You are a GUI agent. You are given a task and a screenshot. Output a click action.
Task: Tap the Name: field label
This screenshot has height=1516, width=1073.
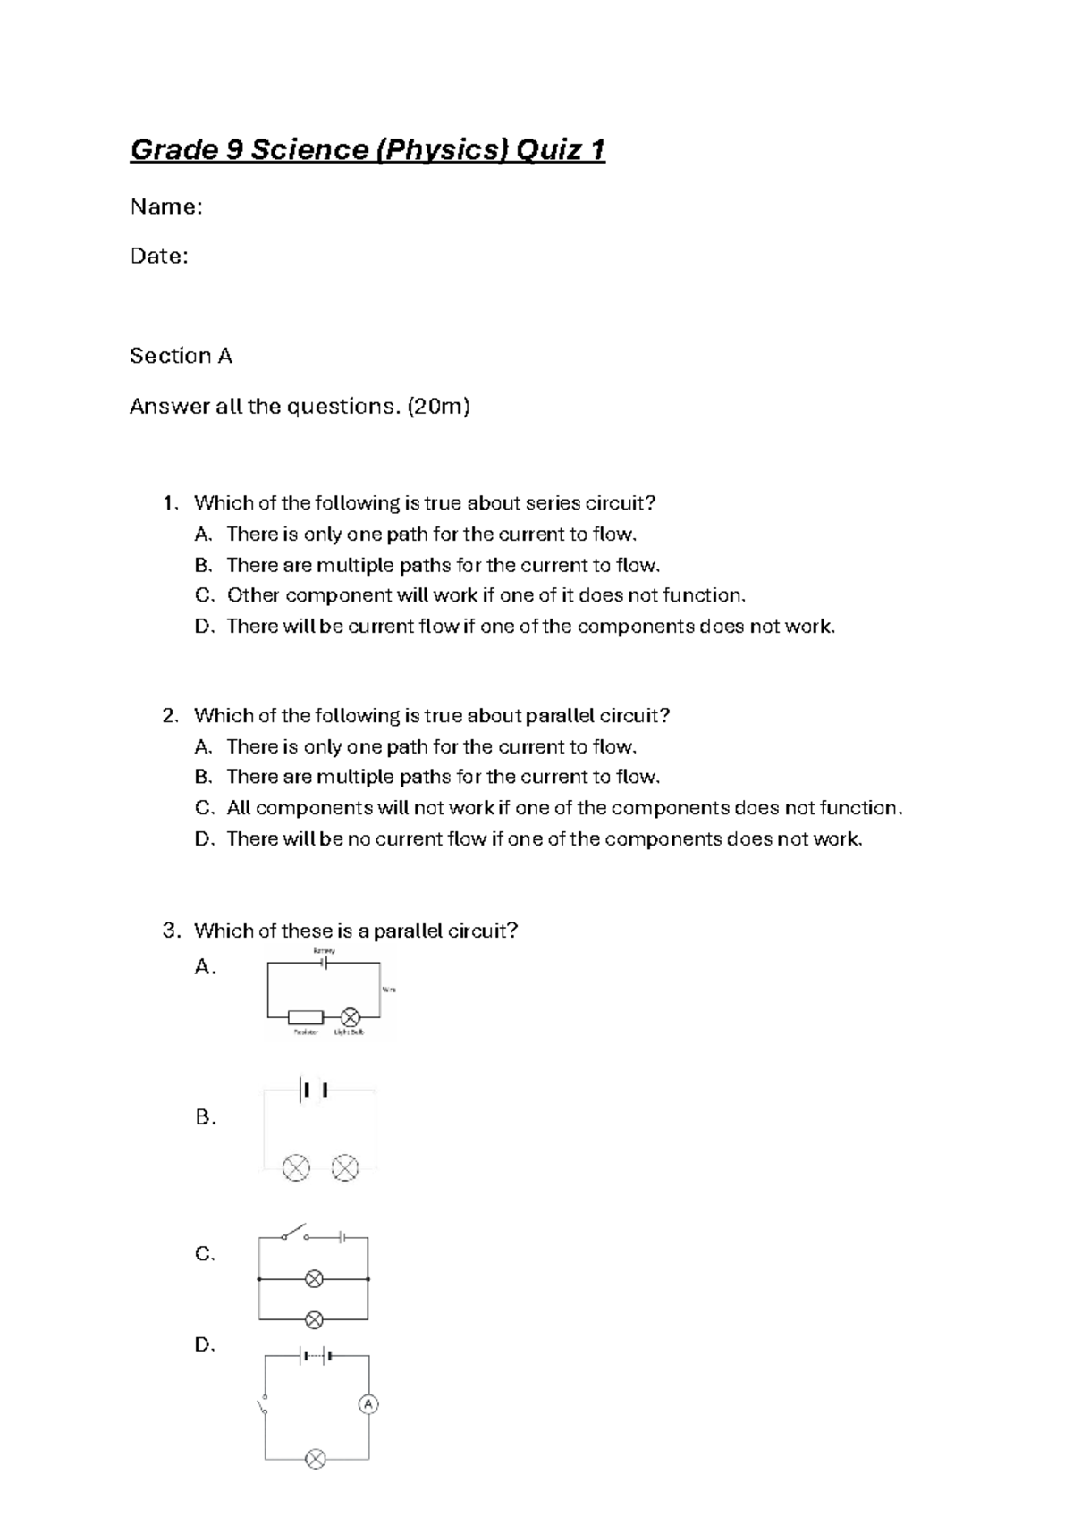pos(166,207)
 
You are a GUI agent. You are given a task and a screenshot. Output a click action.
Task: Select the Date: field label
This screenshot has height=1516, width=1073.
pos(159,257)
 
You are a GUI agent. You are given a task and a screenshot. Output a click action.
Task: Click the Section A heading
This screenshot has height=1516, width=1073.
pos(181,356)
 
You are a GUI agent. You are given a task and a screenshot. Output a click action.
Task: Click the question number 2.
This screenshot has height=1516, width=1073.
pos(170,716)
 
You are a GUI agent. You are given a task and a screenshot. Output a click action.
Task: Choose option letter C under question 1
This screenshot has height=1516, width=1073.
pos(203,595)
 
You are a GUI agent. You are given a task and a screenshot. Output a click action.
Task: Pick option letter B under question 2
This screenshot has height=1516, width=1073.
pos(203,777)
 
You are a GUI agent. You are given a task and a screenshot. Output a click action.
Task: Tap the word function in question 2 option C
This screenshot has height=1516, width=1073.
pos(858,808)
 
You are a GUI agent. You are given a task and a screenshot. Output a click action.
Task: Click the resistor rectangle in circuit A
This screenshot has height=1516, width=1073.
pos(306,1017)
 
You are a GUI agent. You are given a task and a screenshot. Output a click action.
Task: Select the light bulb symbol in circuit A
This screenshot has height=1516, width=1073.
pos(350,1017)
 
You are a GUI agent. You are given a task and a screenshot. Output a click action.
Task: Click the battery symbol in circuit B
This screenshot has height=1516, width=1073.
pos(315,1090)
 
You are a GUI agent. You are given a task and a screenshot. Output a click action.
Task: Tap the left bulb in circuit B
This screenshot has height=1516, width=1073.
pos(296,1167)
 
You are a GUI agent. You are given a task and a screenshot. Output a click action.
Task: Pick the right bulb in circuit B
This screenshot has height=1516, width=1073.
pos(345,1167)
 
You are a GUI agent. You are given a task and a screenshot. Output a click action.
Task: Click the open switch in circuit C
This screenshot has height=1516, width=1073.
pos(294,1233)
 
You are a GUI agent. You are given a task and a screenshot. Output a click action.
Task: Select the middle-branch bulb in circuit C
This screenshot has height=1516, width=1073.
pos(314,1279)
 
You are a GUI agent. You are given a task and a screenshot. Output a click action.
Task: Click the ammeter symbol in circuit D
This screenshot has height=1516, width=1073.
pos(368,1404)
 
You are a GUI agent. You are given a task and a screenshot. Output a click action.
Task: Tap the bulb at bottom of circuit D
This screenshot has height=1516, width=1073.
pos(315,1459)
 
